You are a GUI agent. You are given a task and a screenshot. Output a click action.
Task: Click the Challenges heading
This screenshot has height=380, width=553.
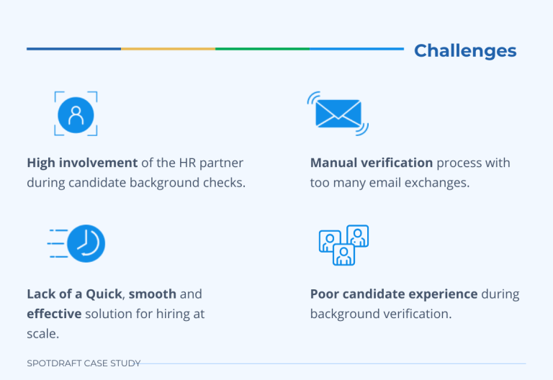465,51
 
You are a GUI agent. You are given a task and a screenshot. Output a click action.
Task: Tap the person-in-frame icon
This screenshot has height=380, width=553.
76,114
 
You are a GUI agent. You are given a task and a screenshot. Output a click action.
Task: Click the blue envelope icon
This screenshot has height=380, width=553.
338,113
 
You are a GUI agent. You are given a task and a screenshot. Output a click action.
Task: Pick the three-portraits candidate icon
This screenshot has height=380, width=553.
343,245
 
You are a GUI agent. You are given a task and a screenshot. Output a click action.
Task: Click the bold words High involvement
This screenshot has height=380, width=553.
72,163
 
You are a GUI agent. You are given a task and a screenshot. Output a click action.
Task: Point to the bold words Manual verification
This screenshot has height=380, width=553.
372,163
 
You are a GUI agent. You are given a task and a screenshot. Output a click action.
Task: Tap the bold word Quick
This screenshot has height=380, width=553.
104,294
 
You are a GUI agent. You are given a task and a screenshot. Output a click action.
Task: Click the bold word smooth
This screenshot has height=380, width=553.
153,294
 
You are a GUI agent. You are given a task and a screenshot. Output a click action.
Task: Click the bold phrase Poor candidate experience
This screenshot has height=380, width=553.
394,294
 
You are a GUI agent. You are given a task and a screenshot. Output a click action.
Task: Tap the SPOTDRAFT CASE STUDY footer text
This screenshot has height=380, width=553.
84,363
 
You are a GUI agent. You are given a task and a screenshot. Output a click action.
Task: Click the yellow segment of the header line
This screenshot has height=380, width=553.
168,49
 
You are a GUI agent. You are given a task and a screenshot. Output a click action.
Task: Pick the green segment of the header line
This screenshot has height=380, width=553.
262,49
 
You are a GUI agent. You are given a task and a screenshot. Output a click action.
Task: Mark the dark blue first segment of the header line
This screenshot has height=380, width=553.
73,49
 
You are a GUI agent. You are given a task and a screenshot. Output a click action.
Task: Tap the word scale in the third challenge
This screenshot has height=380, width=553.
42,332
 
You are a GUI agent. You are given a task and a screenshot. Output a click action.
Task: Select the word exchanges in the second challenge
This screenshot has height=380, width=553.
440,182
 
